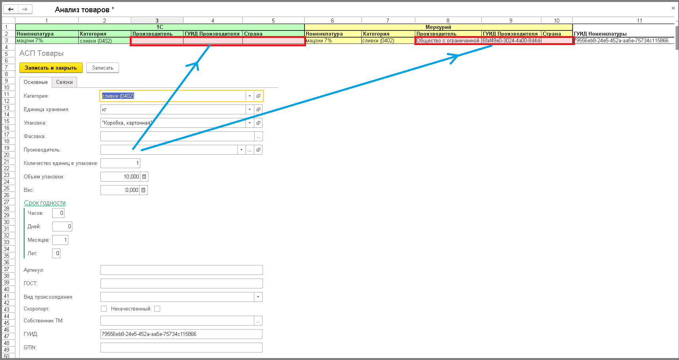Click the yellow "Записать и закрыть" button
click(x=51, y=68)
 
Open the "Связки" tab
click(x=64, y=82)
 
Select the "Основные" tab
click(x=36, y=82)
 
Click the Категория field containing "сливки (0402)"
click(x=173, y=96)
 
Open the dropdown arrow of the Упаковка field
click(x=250, y=123)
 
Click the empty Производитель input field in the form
click(x=169, y=150)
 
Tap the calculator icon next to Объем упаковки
click(x=144, y=176)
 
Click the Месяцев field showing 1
click(x=60, y=240)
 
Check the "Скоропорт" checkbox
click(x=104, y=309)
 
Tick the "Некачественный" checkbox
click(x=157, y=309)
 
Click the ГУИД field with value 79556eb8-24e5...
click(x=182, y=334)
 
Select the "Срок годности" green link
click(x=45, y=203)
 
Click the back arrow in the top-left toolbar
click(x=11, y=9)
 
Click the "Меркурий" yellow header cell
click(x=438, y=27)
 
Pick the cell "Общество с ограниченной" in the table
click(x=448, y=40)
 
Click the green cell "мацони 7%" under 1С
click(x=47, y=40)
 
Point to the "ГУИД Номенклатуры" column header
click(x=600, y=34)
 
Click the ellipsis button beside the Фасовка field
click(x=259, y=136)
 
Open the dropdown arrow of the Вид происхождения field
click(x=258, y=297)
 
